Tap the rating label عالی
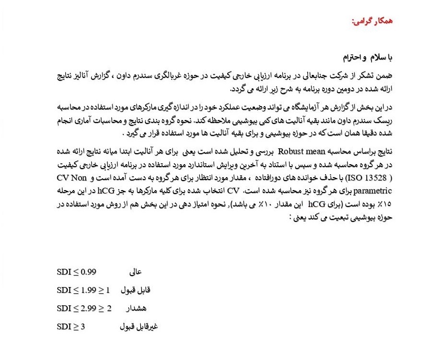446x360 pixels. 136,273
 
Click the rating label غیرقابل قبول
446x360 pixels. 139,327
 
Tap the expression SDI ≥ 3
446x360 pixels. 71,326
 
